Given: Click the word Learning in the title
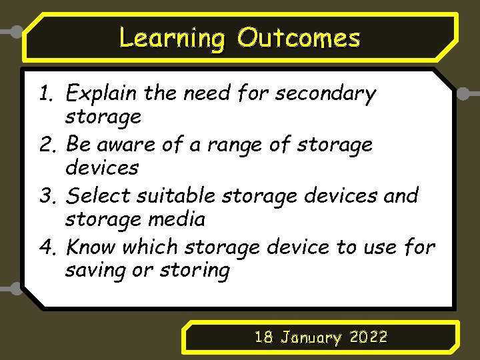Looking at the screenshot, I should pyautogui.click(x=172, y=38).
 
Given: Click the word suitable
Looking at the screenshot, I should pyautogui.click(x=176, y=196).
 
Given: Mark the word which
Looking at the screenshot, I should pyautogui.click(x=149, y=247).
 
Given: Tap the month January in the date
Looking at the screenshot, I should pyautogui.click(x=311, y=338).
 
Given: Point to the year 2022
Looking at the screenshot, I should pyautogui.click(x=369, y=337).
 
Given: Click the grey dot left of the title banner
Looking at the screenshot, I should pyautogui.click(x=15, y=31).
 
